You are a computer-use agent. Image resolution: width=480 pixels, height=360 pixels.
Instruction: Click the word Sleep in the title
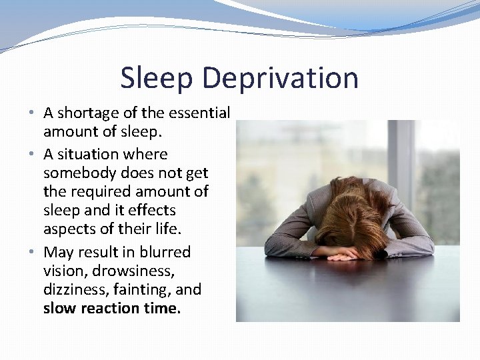coord(157,78)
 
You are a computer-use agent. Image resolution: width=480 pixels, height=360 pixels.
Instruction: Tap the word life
coord(167,229)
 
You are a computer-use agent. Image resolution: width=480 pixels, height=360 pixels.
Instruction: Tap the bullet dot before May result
coord(33,253)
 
